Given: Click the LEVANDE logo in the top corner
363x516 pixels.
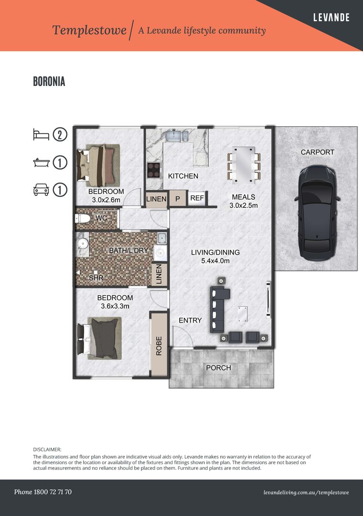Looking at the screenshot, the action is tap(331, 18).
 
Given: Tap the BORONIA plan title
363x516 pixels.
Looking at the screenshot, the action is tap(49, 81).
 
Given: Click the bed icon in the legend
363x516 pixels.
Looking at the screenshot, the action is tap(41, 134).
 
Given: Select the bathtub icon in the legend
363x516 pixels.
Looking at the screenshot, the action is tap(41, 162).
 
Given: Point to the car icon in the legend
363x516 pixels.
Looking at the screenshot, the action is tap(41, 190).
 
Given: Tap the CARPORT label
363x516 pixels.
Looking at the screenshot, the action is tap(317, 152).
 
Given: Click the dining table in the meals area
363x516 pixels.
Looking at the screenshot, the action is tap(244, 165).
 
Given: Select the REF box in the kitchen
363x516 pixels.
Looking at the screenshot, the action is tap(197, 198).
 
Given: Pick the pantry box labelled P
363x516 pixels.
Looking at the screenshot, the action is tap(178, 199).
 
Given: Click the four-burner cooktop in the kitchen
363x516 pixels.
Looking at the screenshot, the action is tap(154, 170).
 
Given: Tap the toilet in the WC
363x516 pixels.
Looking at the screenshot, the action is tap(83, 218).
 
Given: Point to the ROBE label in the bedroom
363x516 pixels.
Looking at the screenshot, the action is tap(159, 346).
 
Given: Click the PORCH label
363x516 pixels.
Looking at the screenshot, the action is tap(219, 367).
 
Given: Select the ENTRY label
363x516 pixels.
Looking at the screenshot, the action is tap(190, 320).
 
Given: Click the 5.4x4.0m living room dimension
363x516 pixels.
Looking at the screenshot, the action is tap(215, 261).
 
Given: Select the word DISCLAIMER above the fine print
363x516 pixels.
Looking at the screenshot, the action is tap(47, 450).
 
